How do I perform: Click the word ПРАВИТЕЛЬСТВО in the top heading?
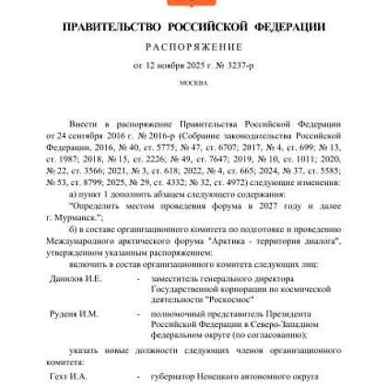pos(115,25)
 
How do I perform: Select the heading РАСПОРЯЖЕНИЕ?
pos(193,46)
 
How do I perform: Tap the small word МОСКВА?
pos(193,83)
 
